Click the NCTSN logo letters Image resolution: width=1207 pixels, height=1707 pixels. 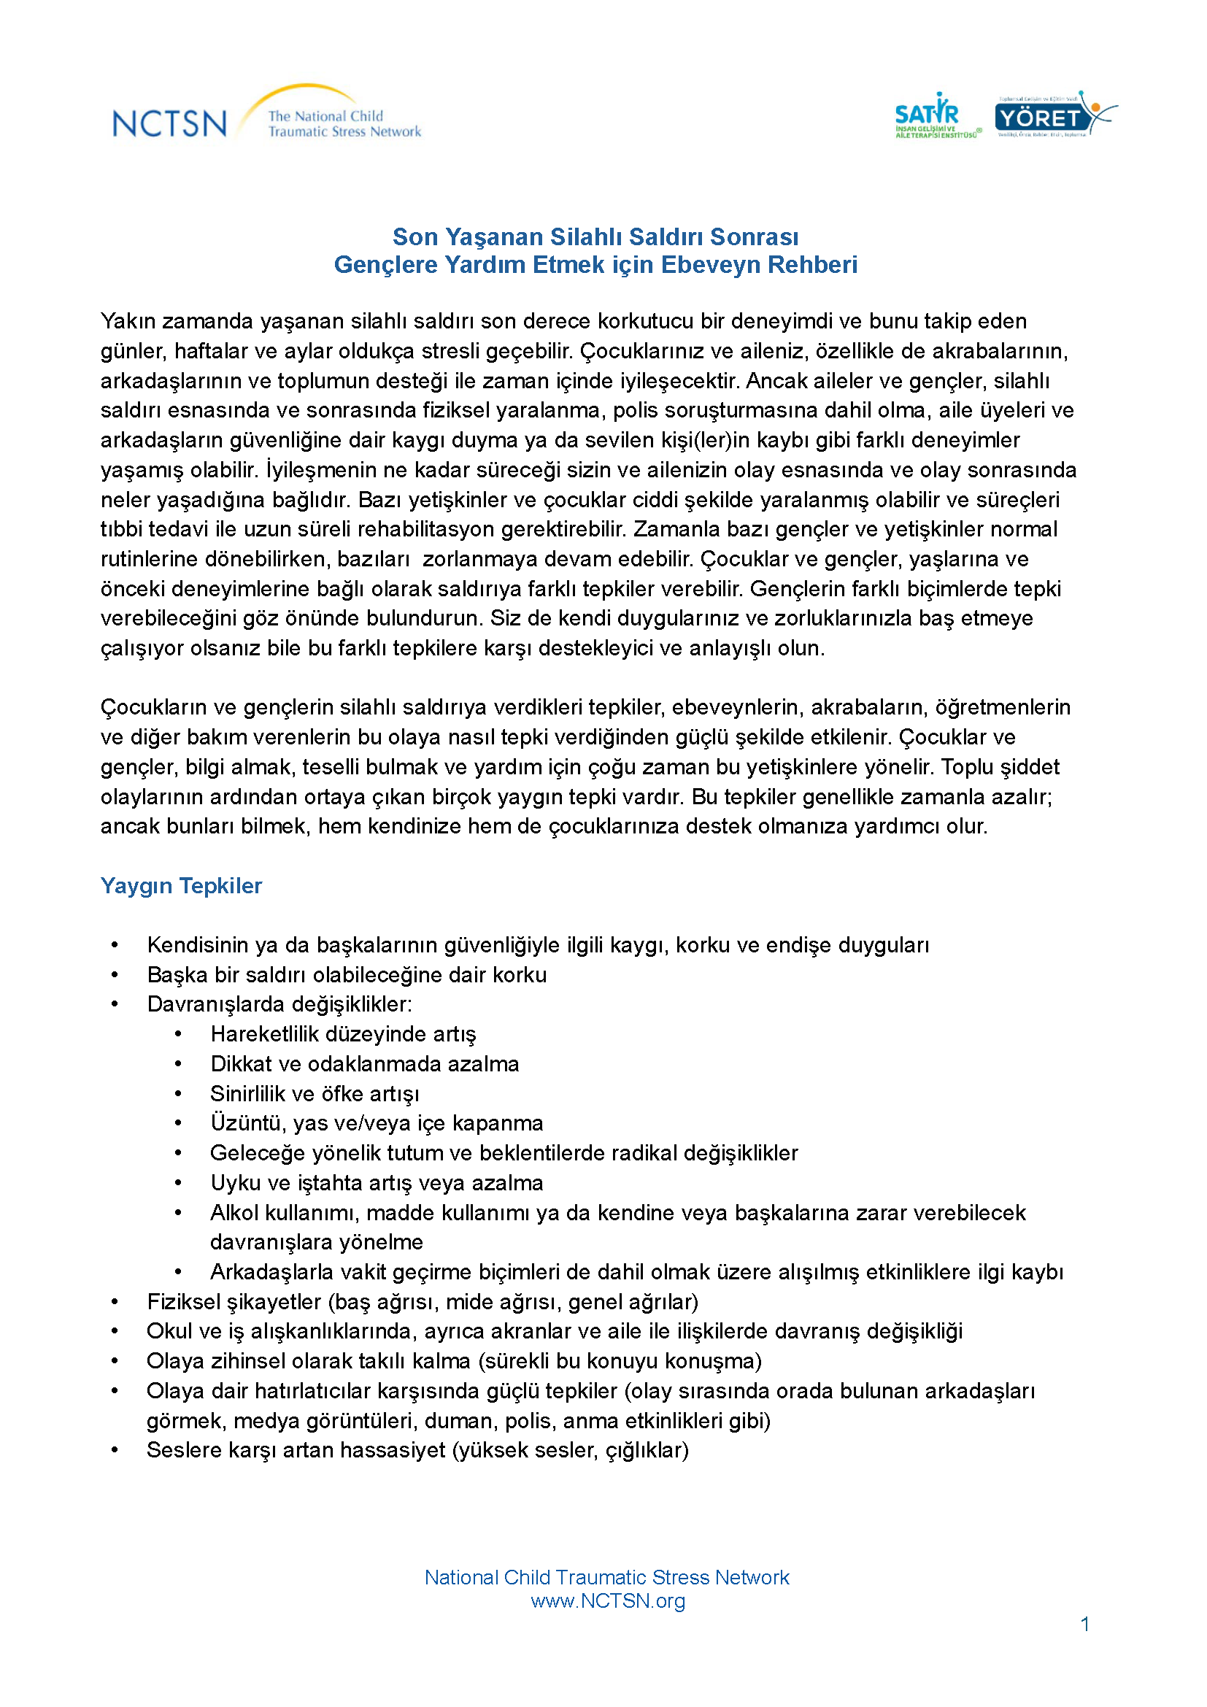169,123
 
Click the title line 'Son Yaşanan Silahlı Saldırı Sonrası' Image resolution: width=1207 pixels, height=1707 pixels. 595,237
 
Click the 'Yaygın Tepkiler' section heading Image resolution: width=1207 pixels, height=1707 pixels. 182,886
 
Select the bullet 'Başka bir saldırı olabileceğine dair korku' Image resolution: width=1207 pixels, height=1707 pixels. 347,976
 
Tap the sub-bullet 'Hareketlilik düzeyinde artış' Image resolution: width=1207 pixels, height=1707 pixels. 343,1035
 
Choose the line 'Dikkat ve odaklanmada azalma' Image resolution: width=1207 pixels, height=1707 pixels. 364,1065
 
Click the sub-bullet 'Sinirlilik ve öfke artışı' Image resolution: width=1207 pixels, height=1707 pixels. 315,1095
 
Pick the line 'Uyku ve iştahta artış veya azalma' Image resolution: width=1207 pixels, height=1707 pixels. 376,1184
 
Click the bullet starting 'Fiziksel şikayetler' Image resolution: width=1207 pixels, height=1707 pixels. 422,1303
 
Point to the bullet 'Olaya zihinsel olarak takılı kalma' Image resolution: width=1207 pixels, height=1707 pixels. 453,1362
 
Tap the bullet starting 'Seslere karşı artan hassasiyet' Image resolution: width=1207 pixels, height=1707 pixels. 417,1451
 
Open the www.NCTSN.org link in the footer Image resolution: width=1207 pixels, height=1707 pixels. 608,1601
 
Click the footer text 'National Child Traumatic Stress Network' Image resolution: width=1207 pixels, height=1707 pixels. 606,1578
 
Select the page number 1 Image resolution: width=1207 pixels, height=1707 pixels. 1085,1625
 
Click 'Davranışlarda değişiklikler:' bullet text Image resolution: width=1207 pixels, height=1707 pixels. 279,1005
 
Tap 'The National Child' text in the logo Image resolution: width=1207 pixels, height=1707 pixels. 325,116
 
